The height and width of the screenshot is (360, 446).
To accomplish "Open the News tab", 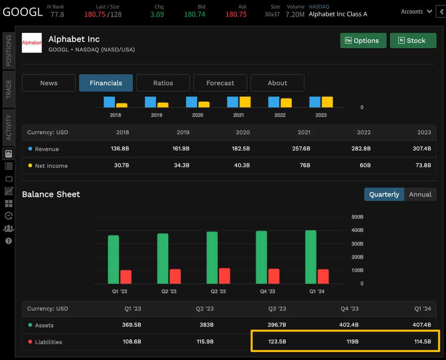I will point(49,83).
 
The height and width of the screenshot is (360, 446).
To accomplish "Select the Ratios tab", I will point(163,83).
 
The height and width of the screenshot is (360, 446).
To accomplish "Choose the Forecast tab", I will point(220,83).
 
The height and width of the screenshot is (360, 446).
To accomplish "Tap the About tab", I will point(277,83).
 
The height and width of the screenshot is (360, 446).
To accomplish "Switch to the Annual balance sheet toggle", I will point(420,194).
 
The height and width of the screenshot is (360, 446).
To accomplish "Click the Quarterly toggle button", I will point(384,194).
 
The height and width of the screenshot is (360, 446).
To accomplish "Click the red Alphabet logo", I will point(32,43).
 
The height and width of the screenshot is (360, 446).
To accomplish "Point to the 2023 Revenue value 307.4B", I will point(421,149).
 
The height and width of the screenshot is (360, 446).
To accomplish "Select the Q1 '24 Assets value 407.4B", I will point(421,325).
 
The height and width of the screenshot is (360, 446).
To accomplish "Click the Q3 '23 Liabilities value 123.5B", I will point(277,342).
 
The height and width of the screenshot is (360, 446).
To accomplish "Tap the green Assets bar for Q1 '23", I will point(113,259).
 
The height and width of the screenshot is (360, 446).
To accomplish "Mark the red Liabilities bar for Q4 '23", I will point(273,276).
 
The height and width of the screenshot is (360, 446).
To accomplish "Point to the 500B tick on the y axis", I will point(357,217).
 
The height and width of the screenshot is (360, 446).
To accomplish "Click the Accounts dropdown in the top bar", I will point(416,12).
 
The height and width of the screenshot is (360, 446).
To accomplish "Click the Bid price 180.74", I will point(194,14).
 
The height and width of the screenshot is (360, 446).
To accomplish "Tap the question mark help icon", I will point(8,241).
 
